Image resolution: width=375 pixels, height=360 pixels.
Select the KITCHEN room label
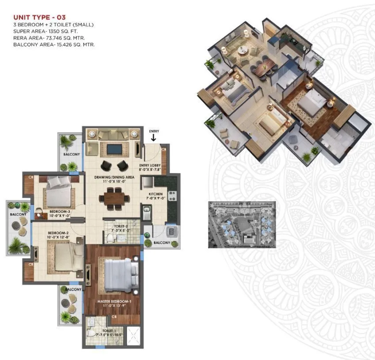(156, 194)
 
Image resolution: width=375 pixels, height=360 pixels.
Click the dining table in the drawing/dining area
(115, 196)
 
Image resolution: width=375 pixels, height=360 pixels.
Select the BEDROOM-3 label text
(59, 212)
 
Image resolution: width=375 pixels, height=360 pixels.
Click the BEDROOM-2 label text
(59, 233)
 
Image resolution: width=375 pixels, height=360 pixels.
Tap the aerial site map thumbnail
(242, 224)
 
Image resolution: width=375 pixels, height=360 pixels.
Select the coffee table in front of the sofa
(114, 149)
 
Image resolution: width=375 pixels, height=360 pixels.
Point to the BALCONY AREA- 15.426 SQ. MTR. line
(54, 45)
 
